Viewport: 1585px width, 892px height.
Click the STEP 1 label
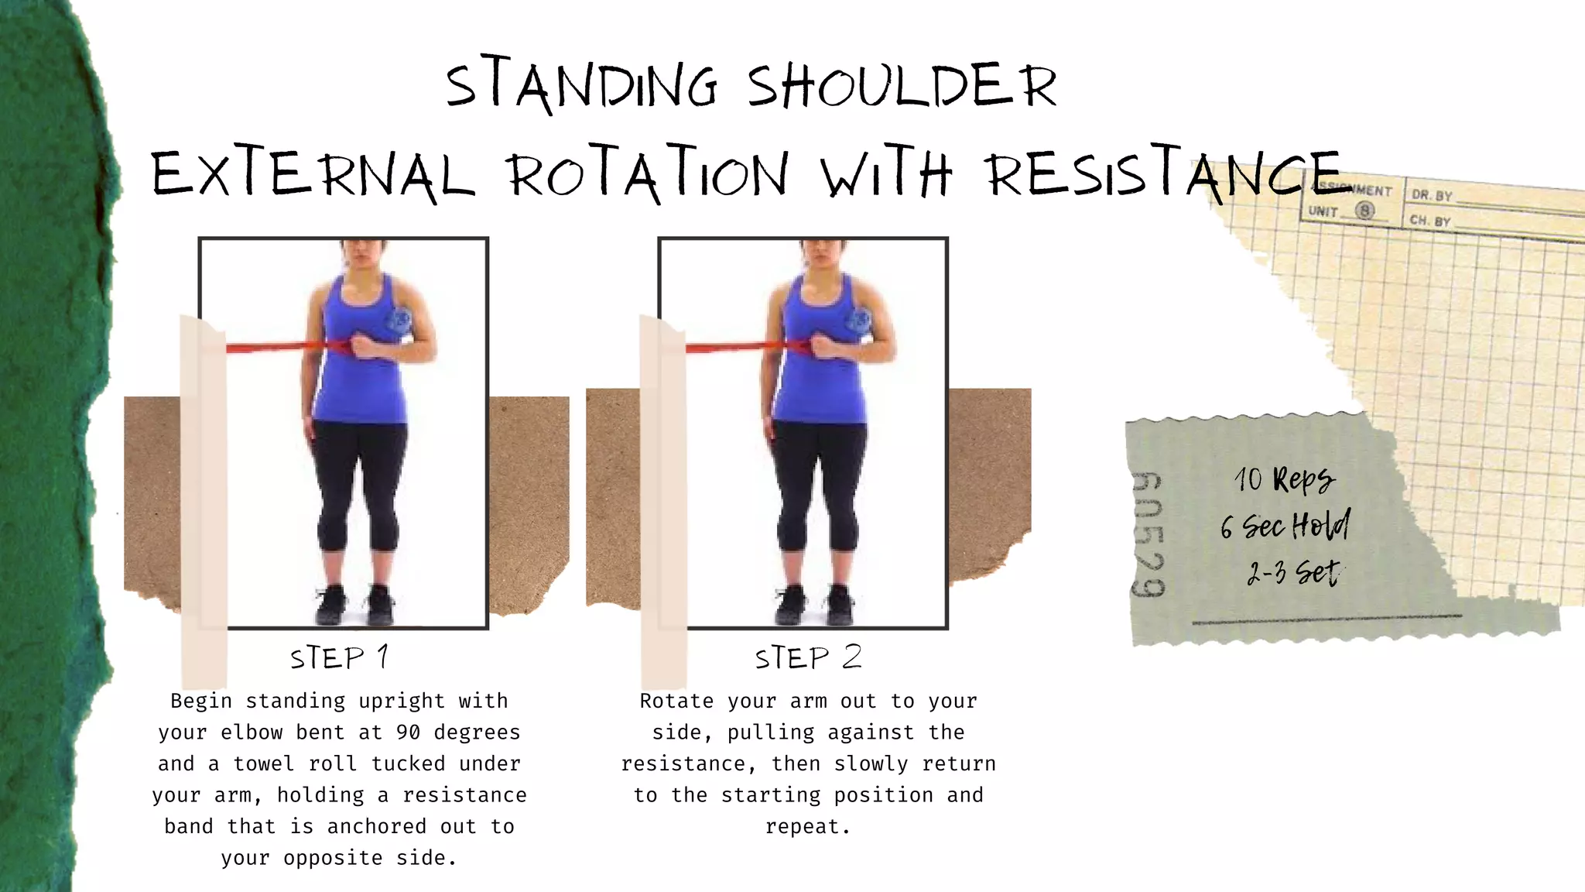pos(339,658)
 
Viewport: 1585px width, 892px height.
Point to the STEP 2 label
pos(808,658)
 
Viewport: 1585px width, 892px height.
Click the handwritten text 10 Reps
pos(1284,480)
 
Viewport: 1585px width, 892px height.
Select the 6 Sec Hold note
pos(1285,527)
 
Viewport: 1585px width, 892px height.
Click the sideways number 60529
pos(1147,534)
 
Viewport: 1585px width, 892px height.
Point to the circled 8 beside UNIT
pos(1365,211)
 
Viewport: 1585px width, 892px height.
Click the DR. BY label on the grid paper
pos(1432,196)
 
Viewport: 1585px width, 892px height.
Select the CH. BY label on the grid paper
pos(1429,221)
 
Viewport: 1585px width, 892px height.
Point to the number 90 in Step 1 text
pos(408,732)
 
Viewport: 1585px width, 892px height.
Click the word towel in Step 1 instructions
pos(264,764)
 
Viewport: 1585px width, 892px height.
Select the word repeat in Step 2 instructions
pos(807,827)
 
